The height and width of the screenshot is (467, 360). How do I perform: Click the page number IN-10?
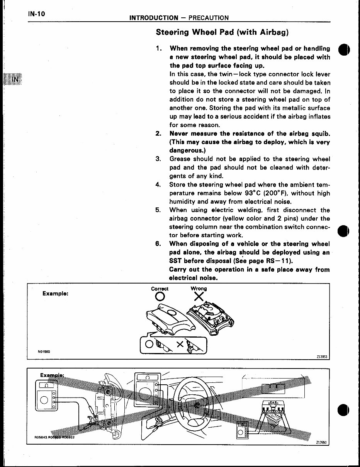(x=37, y=14)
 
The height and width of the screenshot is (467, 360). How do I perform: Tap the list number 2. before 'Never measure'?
(x=158, y=134)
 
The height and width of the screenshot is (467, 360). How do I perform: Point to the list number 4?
(x=158, y=185)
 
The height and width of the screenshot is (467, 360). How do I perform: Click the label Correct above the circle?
(x=160, y=289)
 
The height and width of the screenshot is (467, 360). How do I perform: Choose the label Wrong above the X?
(x=199, y=289)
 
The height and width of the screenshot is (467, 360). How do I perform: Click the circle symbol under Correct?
(x=160, y=297)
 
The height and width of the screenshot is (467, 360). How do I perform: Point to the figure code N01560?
(x=44, y=352)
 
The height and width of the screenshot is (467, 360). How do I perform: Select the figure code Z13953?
(x=321, y=357)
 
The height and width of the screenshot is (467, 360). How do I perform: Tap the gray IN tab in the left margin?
(x=15, y=79)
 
